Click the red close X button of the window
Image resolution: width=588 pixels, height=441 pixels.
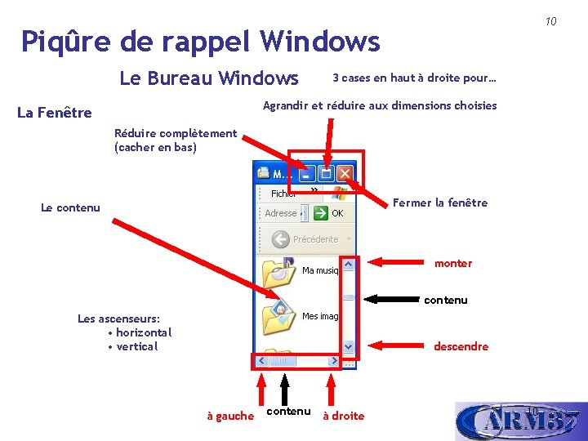(345, 173)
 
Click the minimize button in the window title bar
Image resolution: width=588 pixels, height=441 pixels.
(306, 173)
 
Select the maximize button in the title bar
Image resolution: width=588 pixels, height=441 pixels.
(326, 173)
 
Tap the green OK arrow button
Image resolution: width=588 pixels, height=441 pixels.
(319, 213)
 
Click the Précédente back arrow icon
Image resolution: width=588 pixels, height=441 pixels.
(280, 239)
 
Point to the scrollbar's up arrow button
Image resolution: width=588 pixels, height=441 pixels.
(349, 265)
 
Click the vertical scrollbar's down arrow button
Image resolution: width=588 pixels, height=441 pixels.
(349, 346)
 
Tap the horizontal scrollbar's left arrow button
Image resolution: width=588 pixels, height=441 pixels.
(261, 360)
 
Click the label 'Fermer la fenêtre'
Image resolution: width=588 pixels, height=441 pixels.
(440, 203)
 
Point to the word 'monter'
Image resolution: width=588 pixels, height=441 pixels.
(453, 263)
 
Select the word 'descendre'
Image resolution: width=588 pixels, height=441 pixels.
(461, 346)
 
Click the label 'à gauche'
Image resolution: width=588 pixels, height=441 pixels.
(230, 416)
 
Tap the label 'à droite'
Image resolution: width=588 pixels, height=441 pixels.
(343, 416)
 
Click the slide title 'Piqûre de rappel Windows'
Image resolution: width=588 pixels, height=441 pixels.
(200, 41)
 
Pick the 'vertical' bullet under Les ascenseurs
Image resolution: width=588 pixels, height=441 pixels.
(136, 346)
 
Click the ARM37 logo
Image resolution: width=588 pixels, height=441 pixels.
(520, 421)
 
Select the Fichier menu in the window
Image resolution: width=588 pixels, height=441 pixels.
(283, 194)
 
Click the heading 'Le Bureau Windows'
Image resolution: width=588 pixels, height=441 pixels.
(209, 78)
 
